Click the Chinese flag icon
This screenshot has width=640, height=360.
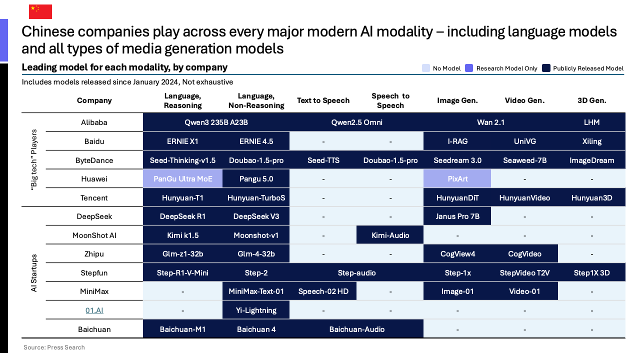(x=40, y=11)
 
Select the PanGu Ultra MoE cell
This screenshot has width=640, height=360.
(x=183, y=178)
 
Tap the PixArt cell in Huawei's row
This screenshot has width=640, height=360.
(x=457, y=178)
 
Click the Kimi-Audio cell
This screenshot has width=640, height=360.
(x=390, y=235)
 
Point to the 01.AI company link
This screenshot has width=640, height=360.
(x=94, y=310)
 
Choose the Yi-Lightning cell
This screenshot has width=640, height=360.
(x=256, y=310)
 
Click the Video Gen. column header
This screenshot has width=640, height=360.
(x=524, y=100)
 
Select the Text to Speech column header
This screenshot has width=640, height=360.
(x=323, y=100)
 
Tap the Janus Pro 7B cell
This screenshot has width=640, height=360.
(x=457, y=216)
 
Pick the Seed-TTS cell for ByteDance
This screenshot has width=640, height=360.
(x=323, y=160)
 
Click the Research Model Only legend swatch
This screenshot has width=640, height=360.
(x=468, y=68)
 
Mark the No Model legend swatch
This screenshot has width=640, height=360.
(x=426, y=68)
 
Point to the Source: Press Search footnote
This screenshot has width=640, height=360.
(x=54, y=347)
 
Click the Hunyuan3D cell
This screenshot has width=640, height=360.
(x=591, y=197)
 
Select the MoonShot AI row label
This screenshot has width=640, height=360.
(x=94, y=235)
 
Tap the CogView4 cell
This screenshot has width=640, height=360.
(x=457, y=254)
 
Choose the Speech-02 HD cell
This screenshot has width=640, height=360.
(x=323, y=291)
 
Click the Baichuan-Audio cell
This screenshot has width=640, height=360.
(x=356, y=329)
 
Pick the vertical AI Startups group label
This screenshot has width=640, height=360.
(x=34, y=272)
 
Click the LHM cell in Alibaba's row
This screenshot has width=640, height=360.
(x=591, y=122)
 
